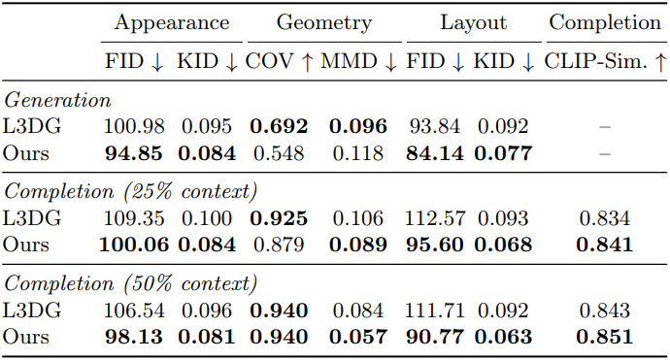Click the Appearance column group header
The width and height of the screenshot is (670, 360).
172,23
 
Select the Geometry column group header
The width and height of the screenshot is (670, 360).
324,23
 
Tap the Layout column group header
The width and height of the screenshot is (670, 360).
474,23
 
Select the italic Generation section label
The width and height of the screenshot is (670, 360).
57,101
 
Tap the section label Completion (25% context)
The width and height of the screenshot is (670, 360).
131,192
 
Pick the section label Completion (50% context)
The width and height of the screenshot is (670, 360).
131,283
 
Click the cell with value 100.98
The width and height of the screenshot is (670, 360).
134,126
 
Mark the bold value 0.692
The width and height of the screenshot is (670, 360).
279,126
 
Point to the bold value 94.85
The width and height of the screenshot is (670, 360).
134,153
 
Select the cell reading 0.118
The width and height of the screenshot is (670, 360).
358,153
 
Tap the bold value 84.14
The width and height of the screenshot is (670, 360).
435,153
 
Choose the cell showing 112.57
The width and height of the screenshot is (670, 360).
435,218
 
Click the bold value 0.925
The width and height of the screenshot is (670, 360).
279,218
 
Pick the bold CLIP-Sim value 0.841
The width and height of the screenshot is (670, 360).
605,245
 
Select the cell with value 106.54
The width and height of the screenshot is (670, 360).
134,311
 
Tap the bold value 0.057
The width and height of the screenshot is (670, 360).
358,338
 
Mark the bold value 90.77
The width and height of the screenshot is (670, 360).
435,338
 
